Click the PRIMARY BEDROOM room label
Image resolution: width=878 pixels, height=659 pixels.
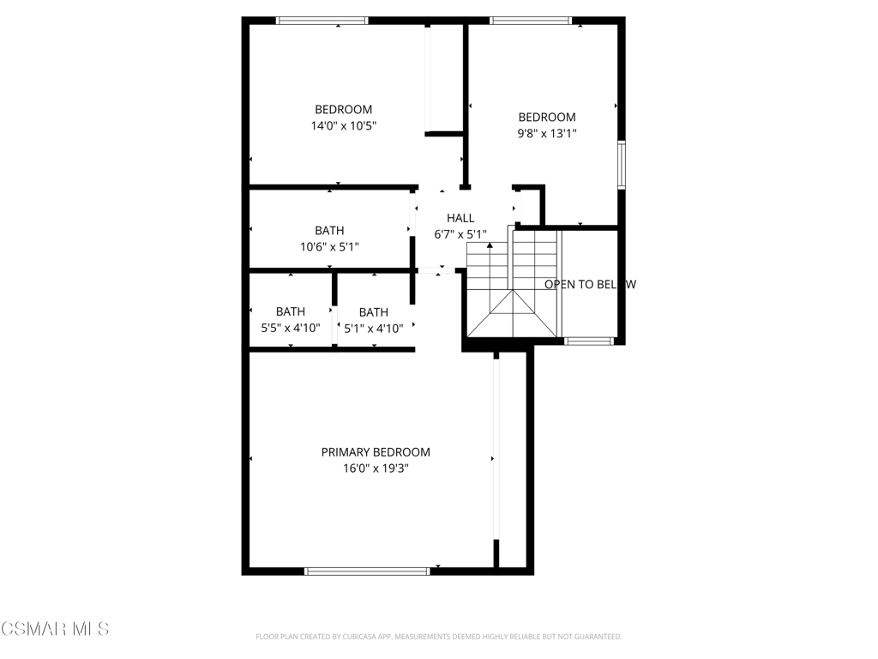(x=376, y=452)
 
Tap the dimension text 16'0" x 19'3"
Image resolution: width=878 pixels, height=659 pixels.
(x=376, y=469)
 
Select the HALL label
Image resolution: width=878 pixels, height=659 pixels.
(x=460, y=218)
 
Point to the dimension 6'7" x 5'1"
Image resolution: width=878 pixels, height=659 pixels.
(x=460, y=234)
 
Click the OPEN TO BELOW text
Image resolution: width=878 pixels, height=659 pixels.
(x=590, y=284)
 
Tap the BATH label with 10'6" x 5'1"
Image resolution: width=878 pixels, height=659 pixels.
(x=329, y=230)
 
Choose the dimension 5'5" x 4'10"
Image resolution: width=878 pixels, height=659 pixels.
(x=291, y=328)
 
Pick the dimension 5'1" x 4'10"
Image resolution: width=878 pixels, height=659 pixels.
(x=374, y=329)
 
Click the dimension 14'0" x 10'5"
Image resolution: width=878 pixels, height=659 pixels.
(x=343, y=125)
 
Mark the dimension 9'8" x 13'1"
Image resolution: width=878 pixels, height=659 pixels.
(x=547, y=133)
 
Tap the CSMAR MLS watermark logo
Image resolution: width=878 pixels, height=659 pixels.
(x=55, y=629)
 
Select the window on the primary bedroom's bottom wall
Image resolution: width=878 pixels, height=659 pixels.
(x=367, y=571)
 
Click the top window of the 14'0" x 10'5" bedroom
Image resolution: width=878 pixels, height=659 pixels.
(x=322, y=21)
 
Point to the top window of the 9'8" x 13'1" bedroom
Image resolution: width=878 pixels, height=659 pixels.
(x=531, y=21)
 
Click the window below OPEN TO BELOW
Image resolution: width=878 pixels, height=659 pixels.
(x=588, y=341)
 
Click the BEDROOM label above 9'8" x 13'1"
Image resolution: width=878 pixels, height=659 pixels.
(x=547, y=117)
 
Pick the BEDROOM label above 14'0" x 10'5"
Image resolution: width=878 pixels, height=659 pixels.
(x=343, y=109)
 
